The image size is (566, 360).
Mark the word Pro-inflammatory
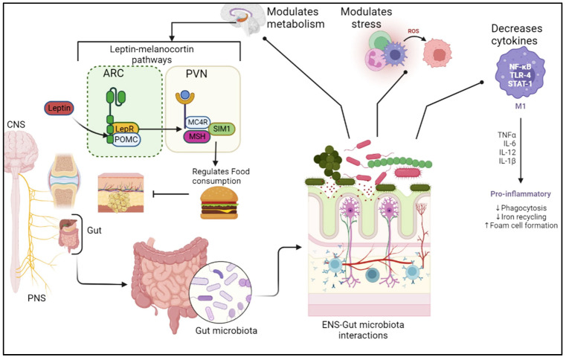pos(518,188)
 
